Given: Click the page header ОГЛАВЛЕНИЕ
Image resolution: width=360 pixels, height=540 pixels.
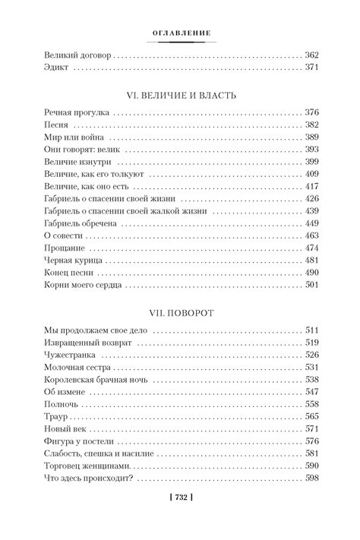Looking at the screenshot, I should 180,32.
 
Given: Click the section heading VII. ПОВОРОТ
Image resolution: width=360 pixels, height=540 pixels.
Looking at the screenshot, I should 180,312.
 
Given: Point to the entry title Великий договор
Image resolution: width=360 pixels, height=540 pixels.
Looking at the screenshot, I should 77,55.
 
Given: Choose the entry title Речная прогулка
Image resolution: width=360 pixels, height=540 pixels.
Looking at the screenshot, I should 77,112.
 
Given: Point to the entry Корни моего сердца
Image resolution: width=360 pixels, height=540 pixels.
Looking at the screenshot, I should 84,286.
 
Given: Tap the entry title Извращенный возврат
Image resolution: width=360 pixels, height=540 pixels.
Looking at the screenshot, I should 88,343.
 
